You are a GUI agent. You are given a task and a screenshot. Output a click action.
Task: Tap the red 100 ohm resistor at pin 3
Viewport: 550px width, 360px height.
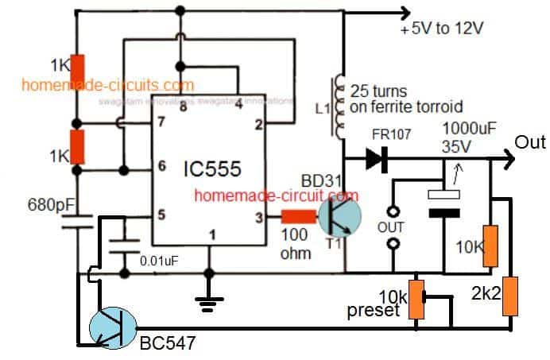click(x=295, y=215)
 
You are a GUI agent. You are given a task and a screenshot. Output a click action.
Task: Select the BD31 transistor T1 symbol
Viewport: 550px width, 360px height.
click(x=339, y=215)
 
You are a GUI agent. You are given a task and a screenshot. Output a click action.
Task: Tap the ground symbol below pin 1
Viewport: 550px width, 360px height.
click(x=208, y=297)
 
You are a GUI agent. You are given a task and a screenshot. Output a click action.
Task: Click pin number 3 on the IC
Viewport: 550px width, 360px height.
click(x=258, y=215)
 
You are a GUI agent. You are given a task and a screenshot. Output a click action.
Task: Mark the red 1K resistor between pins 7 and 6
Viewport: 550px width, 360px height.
click(x=77, y=146)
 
